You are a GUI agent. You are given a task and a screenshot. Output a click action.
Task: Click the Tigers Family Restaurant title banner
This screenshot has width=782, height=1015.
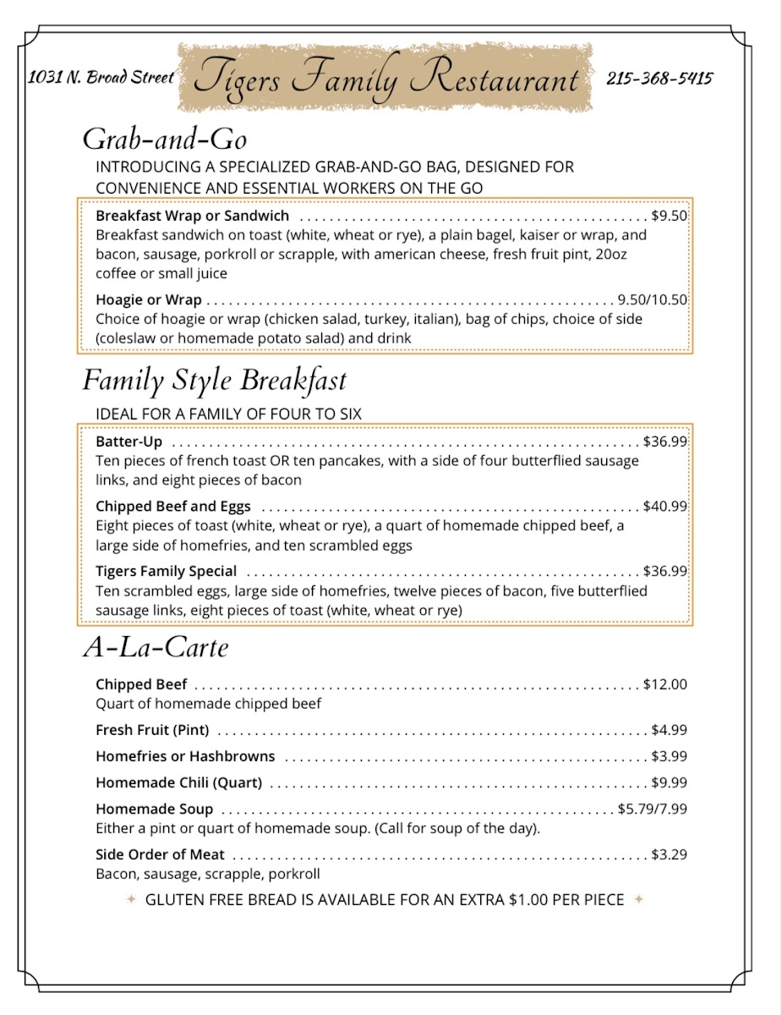386,79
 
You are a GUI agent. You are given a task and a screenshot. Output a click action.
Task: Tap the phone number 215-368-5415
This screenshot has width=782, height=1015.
659,79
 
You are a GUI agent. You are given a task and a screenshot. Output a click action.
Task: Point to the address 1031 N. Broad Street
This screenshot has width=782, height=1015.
101,77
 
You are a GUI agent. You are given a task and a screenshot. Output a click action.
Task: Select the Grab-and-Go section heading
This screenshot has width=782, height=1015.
164,138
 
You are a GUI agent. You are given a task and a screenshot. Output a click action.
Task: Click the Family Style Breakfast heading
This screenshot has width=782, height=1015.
214,381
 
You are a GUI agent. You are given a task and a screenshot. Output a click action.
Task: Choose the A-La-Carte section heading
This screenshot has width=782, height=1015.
156,648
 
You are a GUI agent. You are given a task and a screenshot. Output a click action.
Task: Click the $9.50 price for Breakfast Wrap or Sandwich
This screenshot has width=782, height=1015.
669,216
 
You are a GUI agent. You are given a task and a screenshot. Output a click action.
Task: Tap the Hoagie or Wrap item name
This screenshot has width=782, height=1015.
149,299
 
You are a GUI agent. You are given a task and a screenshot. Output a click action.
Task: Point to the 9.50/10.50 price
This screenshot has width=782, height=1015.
653,299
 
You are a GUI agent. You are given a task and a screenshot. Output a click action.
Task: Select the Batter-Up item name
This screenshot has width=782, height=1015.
129,442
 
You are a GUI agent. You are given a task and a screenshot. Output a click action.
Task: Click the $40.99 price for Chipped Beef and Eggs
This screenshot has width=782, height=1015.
664,507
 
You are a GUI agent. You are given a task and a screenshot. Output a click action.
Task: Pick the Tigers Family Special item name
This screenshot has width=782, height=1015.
166,571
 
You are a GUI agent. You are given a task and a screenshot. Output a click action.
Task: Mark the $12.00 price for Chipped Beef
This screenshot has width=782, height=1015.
664,684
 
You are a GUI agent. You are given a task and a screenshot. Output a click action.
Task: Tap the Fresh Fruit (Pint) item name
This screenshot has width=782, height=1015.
152,730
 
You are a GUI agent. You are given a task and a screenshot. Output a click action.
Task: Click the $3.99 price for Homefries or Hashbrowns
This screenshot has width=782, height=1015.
669,756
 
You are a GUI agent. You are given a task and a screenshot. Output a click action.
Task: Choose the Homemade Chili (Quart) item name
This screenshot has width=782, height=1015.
178,782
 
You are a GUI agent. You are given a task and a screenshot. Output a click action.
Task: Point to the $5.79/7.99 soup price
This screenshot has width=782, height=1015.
652,809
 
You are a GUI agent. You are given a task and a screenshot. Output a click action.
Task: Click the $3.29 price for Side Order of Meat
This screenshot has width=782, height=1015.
669,855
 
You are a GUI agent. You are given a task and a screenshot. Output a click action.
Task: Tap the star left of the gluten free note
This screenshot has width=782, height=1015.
131,899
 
